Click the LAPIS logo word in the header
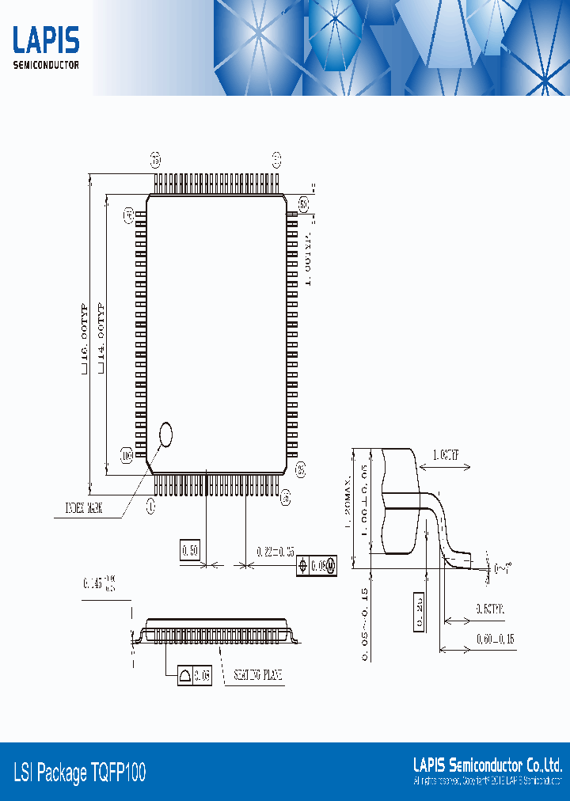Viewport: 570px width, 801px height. [x=46, y=40]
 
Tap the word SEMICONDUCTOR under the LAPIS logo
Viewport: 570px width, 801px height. [x=46, y=65]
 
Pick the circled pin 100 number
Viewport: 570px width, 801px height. [x=127, y=455]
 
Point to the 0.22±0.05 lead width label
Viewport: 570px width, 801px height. [x=275, y=551]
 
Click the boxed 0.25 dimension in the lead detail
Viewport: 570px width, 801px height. [x=418, y=611]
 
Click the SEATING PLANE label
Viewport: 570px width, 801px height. [x=258, y=676]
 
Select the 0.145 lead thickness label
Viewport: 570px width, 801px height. [x=99, y=584]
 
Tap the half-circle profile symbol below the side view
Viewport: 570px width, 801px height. [x=185, y=676]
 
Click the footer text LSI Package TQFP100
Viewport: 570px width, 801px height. [x=80, y=773]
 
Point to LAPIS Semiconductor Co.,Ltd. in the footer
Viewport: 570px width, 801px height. [x=488, y=765]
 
